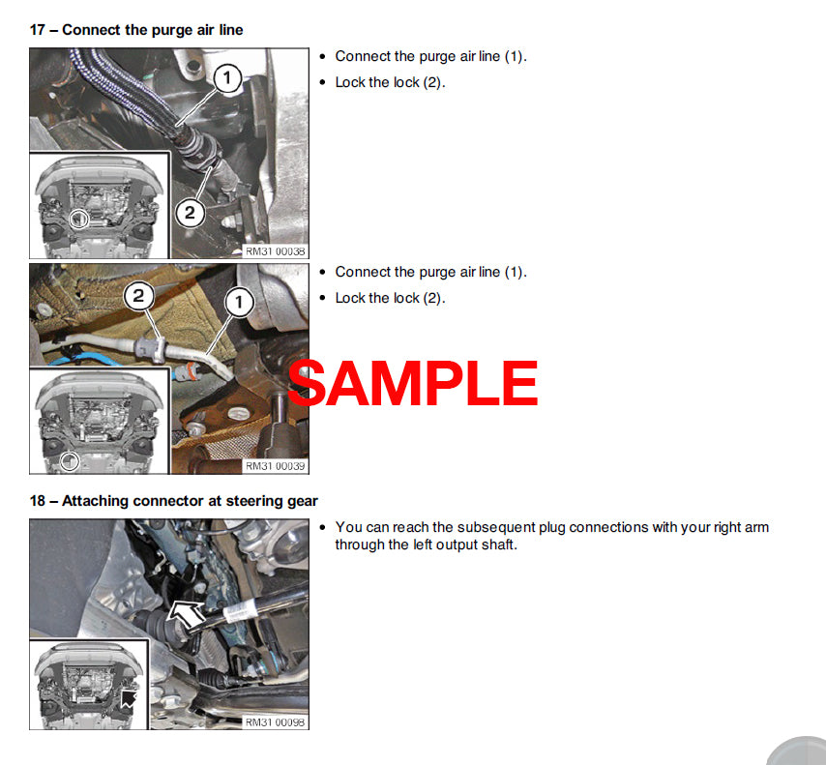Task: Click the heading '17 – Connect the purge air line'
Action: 136,30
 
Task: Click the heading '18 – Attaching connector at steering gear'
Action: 173,501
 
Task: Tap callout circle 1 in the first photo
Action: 226,78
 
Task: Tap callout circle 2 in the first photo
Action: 190,213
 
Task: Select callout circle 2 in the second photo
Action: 138,296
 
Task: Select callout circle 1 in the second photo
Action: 239,303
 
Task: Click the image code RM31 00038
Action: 275,250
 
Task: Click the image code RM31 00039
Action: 275,466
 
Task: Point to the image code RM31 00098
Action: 275,721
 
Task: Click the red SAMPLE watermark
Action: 413,384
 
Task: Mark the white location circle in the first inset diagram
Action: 77,220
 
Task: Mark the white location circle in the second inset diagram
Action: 68,460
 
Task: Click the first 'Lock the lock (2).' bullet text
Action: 390,82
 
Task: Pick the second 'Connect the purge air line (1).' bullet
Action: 430,272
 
